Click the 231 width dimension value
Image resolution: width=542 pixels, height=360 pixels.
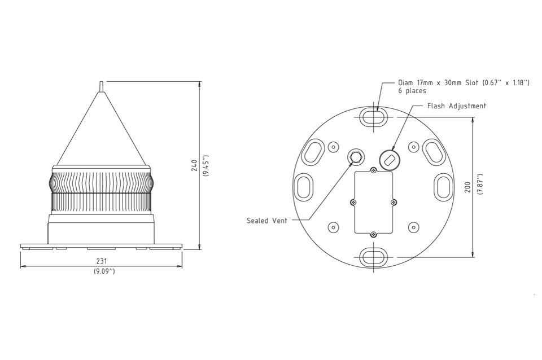(x=102, y=261)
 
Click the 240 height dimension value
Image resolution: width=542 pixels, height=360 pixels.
(x=194, y=165)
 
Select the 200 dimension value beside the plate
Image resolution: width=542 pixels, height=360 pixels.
(x=467, y=187)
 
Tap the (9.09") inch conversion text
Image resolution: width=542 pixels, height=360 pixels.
(x=104, y=271)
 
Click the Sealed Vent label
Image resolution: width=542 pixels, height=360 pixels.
(x=266, y=221)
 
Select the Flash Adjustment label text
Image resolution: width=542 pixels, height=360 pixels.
(x=457, y=106)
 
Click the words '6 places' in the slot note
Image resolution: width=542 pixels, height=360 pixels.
(x=412, y=91)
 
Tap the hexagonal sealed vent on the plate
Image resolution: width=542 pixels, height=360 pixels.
(x=356, y=157)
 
